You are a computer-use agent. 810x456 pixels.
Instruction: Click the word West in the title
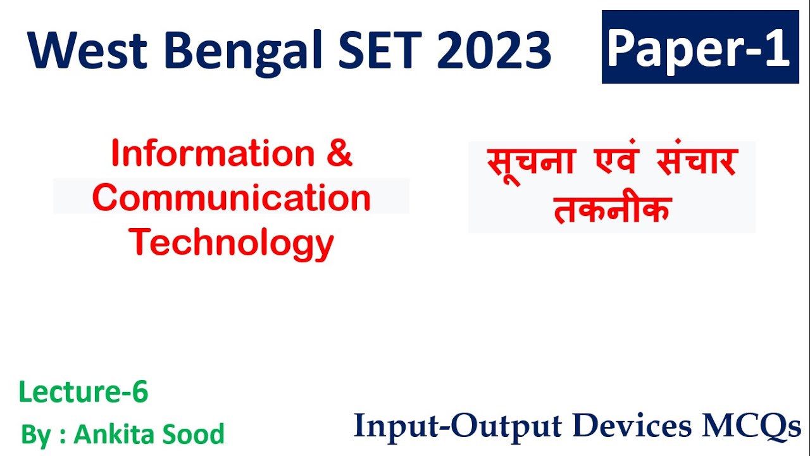[x=88, y=50]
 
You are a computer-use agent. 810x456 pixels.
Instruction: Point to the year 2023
[x=494, y=50]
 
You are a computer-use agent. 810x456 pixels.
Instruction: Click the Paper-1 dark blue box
[x=700, y=47]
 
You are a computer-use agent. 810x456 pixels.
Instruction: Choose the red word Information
[x=213, y=153]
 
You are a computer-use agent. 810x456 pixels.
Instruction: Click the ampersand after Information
[x=340, y=153]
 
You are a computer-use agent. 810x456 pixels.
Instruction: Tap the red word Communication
[x=232, y=198]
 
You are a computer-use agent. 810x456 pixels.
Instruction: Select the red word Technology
[x=232, y=242]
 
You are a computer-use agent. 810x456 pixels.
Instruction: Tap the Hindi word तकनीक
[x=611, y=210]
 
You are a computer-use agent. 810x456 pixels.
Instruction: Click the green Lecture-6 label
[x=84, y=393]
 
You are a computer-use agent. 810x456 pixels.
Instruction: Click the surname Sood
[x=197, y=434]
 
